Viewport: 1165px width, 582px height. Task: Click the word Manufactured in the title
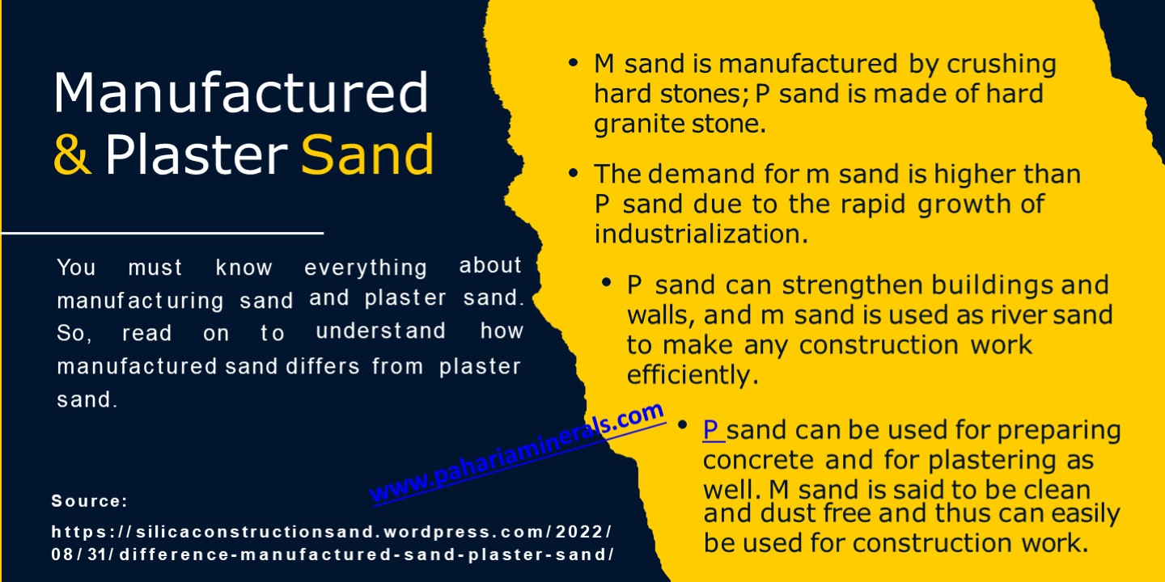pyautogui.click(x=240, y=91)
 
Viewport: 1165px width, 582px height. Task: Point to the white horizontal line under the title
pyautogui.click(x=162, y=233)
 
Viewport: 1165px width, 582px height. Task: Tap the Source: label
pyautogui.click(x=89, y=501)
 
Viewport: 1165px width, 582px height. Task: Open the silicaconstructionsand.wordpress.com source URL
pyautogui.click(x=332, y=543)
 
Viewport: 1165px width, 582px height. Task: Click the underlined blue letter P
pyautogui.click(x=712, y=430)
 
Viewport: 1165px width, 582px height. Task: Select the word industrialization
pyautogui.click(x=701, y=234)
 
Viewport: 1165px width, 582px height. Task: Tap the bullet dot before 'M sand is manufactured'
pyautogui.click(x=574, y=62)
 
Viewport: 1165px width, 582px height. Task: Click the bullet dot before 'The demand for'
pyautogui.click(x=574, y=173)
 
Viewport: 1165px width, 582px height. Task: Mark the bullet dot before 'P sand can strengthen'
pyautogui.click(x=606, y=284)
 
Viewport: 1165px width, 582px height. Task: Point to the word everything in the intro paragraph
pyautogui.click(x=366, y=268)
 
